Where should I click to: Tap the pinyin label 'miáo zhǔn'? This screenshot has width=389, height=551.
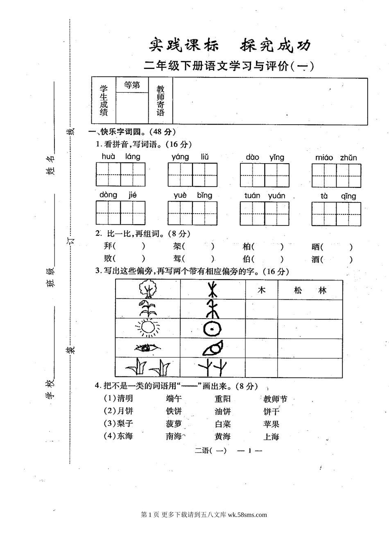point(336,157)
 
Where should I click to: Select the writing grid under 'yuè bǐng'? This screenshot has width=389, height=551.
point(192,213)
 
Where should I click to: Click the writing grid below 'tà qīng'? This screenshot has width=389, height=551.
point(336,214)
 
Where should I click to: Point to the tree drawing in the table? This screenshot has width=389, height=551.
point(148,289)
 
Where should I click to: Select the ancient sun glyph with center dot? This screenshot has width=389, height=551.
point(213,328)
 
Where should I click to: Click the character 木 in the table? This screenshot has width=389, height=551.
point(262,290)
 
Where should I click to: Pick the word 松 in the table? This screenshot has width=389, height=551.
point(298,290)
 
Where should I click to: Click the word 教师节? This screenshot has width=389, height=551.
point(275,399)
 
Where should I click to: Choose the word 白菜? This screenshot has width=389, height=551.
point(223,424)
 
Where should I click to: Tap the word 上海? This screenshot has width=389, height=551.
point(271,437)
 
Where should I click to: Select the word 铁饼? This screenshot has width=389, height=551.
point(174,411)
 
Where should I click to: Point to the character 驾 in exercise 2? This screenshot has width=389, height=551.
point(177,259)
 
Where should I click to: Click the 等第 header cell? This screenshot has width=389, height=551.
point(132,85)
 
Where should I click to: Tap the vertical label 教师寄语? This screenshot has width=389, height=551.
point(161,100)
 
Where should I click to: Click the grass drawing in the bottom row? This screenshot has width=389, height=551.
point(147,367)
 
